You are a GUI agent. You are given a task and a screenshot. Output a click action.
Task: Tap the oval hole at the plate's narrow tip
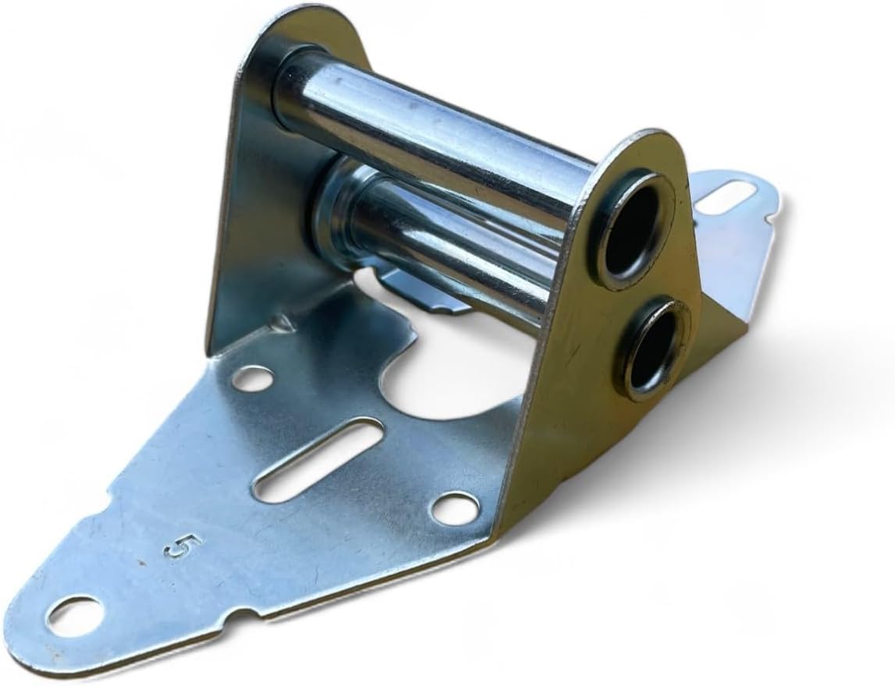coord(73,613)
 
